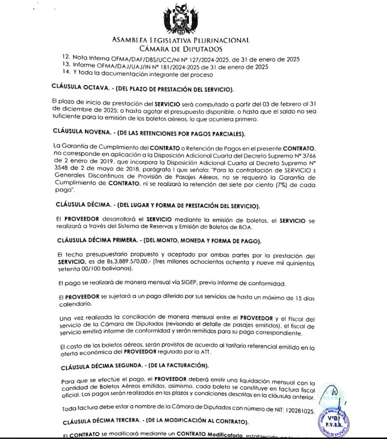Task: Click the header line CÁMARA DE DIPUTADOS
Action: click(x=180, y=49)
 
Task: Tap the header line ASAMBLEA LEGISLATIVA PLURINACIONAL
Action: click(x=181, y=40)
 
